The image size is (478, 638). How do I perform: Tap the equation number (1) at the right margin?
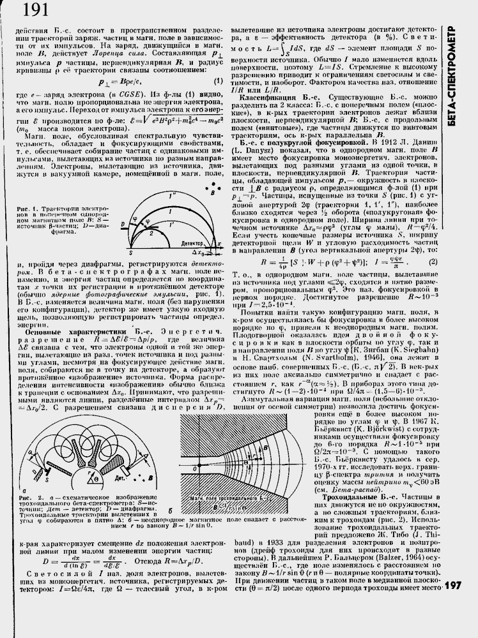(218, 80)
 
